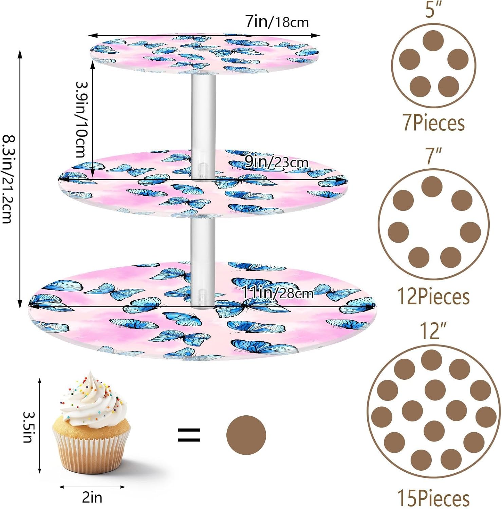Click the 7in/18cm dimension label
tap(277, 22)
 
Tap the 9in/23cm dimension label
tap(276, 162)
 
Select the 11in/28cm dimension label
tap(277, 293)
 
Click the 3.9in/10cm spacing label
tap(81, 119)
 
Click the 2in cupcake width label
tap(92, 497)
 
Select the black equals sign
tap(189, 435)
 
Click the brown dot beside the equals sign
tap(246, 435)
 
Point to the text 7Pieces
tap(433, 123)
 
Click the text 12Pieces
tap(433, 297)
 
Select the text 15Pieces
tap(433, 498)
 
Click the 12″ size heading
tap(433, 331)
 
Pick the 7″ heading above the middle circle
tap(433, 156)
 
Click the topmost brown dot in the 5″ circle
tap(433, 41)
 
